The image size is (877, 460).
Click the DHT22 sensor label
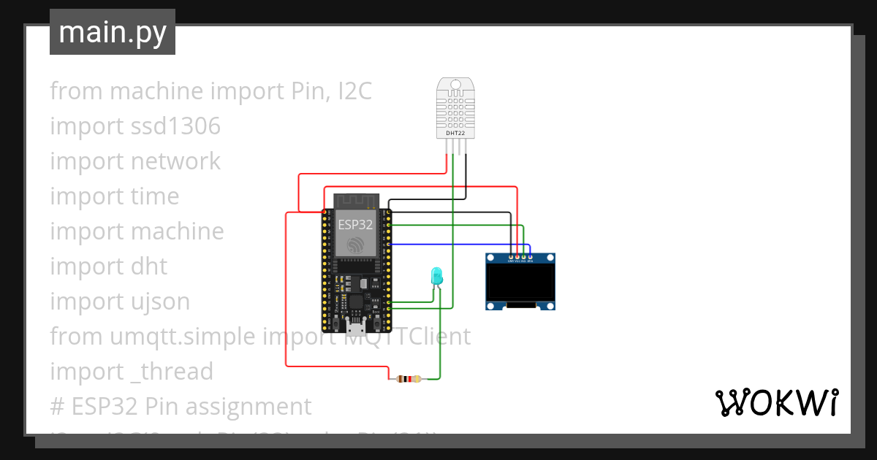(455, 134)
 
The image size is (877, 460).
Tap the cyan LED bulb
(436, 275)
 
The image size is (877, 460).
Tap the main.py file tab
(113, 32)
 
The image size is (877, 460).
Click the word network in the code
(175, 161)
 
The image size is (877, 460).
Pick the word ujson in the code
(157, 302)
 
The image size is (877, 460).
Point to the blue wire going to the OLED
(453, 244)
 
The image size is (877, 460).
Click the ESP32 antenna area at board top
(356, 201)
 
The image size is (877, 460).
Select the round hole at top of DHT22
(456, 85)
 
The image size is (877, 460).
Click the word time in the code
(155, 196)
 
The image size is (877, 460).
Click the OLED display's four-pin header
(520, 257)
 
